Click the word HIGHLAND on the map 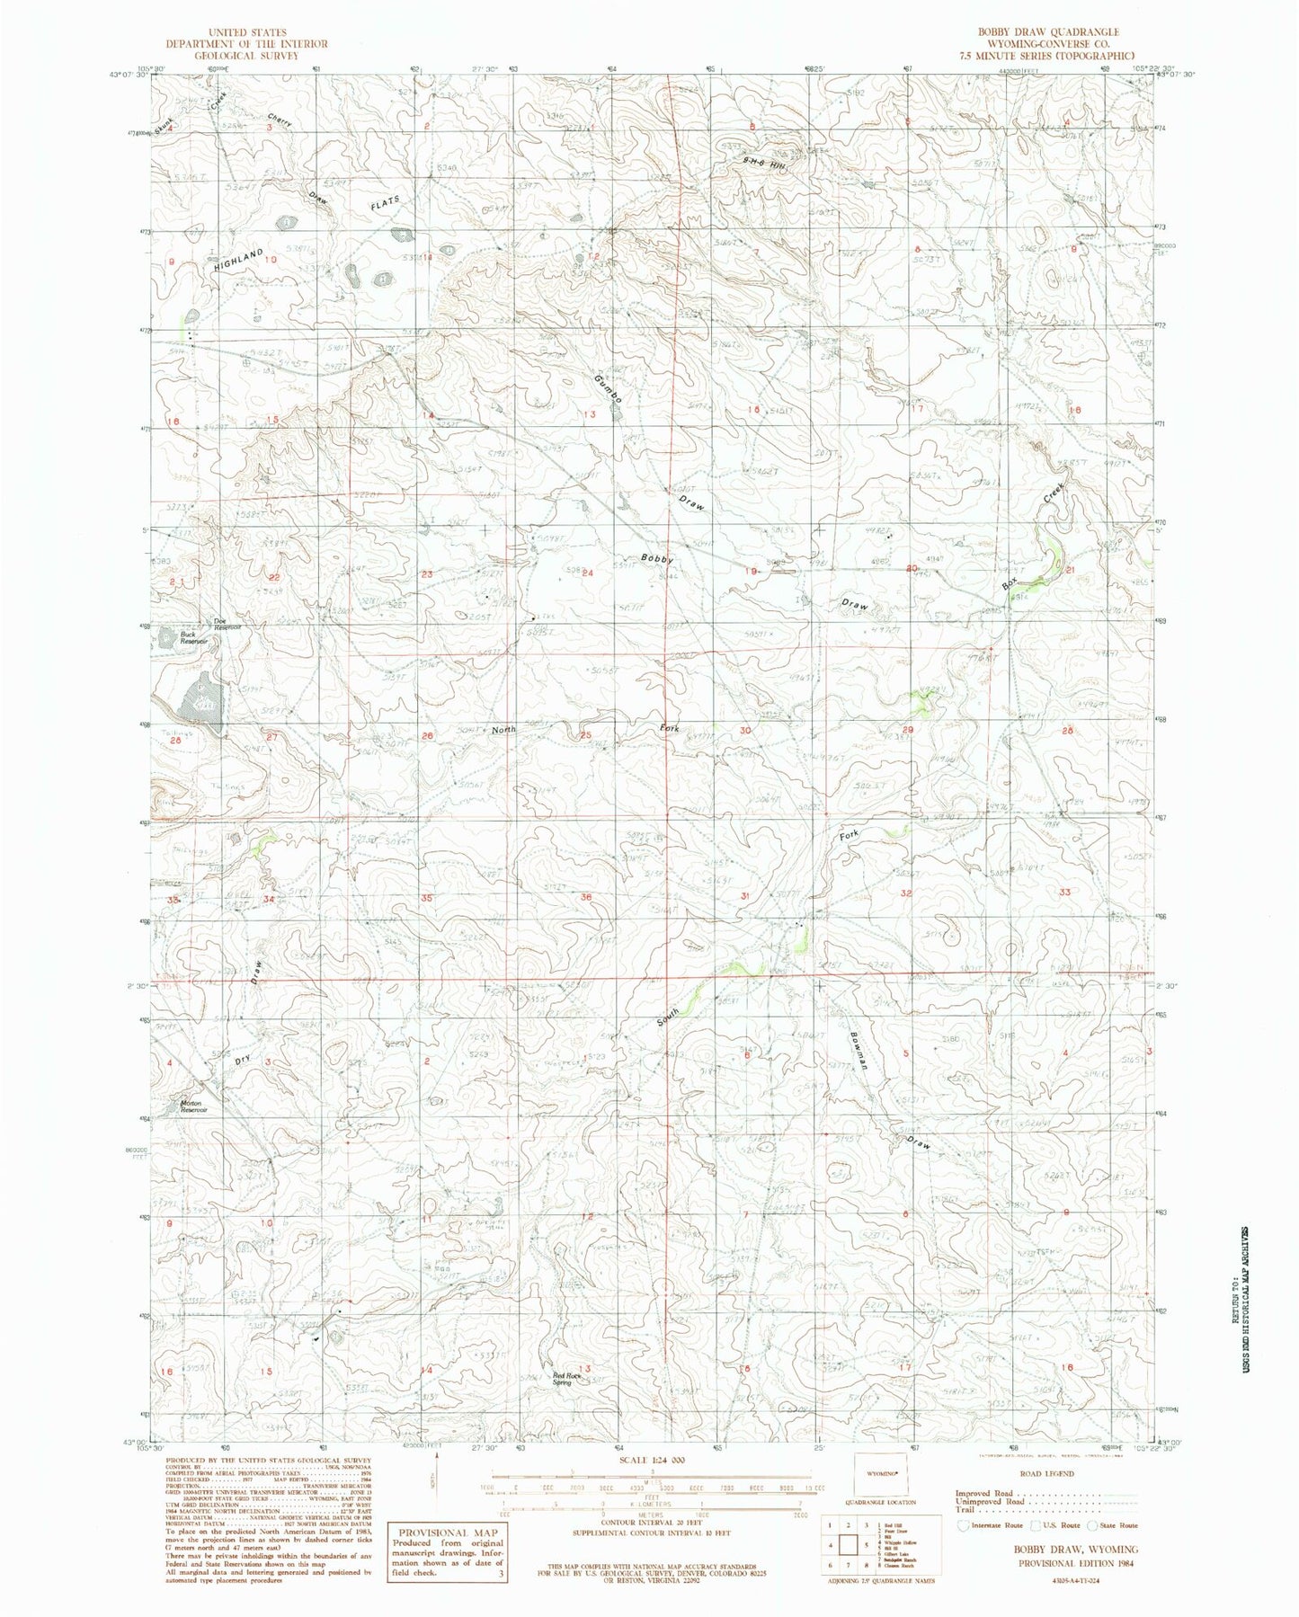pos(239,262)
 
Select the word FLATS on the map pos(382,203)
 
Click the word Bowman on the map pos(859,1048)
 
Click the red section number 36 pos(586,897)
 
